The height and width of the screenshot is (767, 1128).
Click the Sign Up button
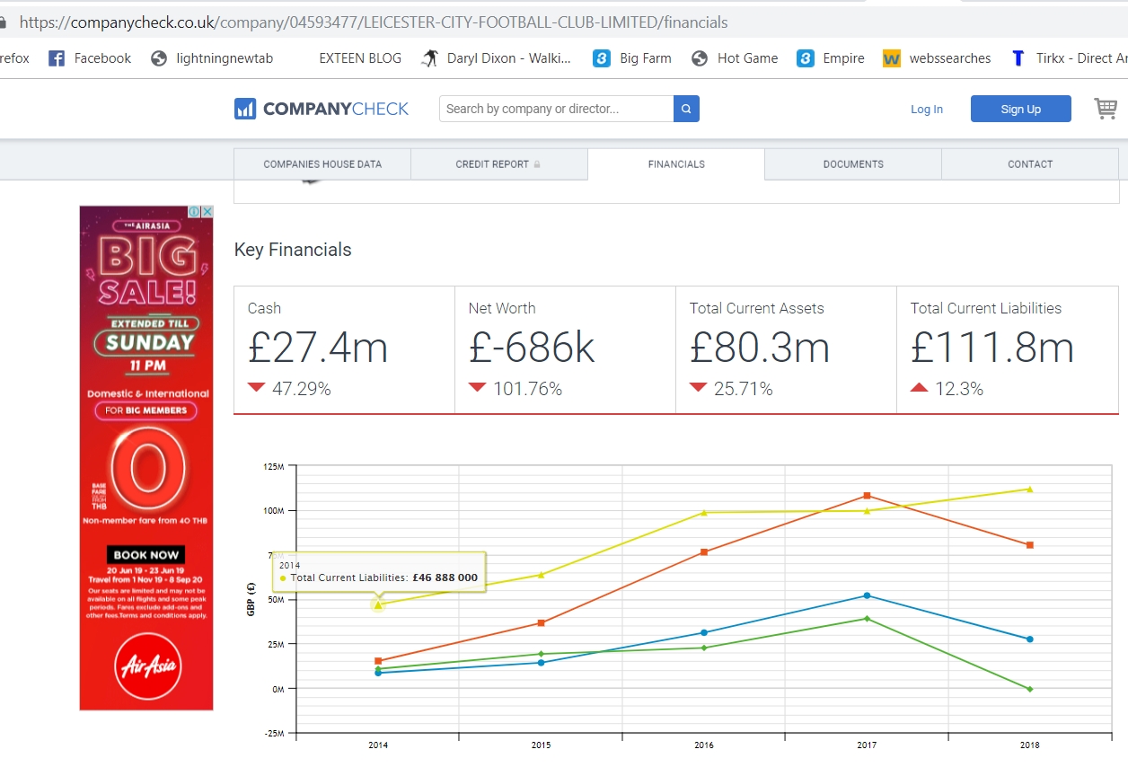(1020, 109)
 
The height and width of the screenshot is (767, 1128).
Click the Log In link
(926, 109)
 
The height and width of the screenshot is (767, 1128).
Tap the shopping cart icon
(1105, 109)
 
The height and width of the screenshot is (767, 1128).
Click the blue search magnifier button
(686, 109)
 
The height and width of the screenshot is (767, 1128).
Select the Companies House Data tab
(322, 164)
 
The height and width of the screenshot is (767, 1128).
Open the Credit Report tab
(498, 164)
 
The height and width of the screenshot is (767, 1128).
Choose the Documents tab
(853, 164)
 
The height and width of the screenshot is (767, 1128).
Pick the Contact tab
(1030, 164)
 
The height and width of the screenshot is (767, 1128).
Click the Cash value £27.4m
(318, 348)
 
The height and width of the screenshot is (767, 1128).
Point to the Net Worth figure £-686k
(532, 348)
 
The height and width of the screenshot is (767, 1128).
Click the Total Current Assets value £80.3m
(759, 348)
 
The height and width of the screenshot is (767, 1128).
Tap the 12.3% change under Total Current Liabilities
(958, 389)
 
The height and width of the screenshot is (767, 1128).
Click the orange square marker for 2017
(867, 496)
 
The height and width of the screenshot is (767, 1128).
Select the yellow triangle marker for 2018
(1029, 489)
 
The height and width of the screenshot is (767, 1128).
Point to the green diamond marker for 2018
(1029, 689)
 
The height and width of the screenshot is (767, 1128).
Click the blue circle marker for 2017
(867, 595)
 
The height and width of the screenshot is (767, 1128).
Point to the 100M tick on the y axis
(272, 510)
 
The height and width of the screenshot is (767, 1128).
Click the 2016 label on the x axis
(703, 745)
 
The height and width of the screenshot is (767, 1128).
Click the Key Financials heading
(293, 250)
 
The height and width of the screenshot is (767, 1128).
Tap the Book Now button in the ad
(146, 555)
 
